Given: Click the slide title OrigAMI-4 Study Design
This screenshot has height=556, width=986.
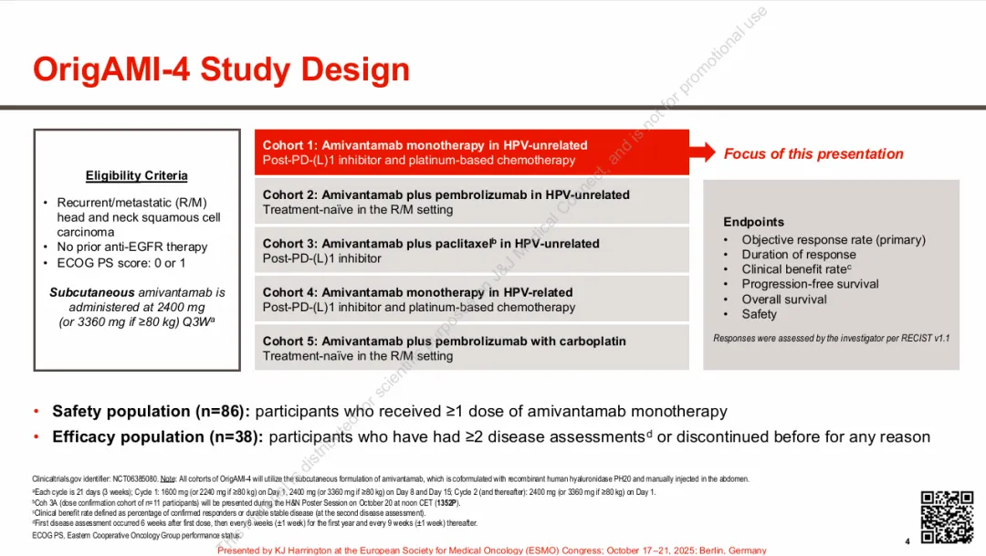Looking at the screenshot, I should pos(221,69).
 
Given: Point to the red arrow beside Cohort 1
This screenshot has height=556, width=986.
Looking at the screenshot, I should pos(702,152).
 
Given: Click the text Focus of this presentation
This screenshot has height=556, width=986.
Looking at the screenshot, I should pos(813,153).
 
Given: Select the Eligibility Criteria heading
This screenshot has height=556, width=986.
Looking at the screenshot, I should pos(137,175).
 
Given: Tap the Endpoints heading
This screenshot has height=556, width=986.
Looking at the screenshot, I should pos(753,222).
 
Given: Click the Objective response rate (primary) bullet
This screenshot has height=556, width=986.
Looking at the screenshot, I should pos(833,239).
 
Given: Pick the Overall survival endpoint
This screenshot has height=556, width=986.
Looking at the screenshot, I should pos(784,299).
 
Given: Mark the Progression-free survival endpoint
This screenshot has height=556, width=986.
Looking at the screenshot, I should pos(810,284).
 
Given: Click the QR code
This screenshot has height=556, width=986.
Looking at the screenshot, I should pos(946,517).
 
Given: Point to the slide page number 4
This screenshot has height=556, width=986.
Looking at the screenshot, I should pos(907,540).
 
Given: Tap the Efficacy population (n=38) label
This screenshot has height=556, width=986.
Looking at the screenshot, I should pos(157,436).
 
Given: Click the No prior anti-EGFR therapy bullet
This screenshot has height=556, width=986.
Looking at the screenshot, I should pos(131,247).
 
